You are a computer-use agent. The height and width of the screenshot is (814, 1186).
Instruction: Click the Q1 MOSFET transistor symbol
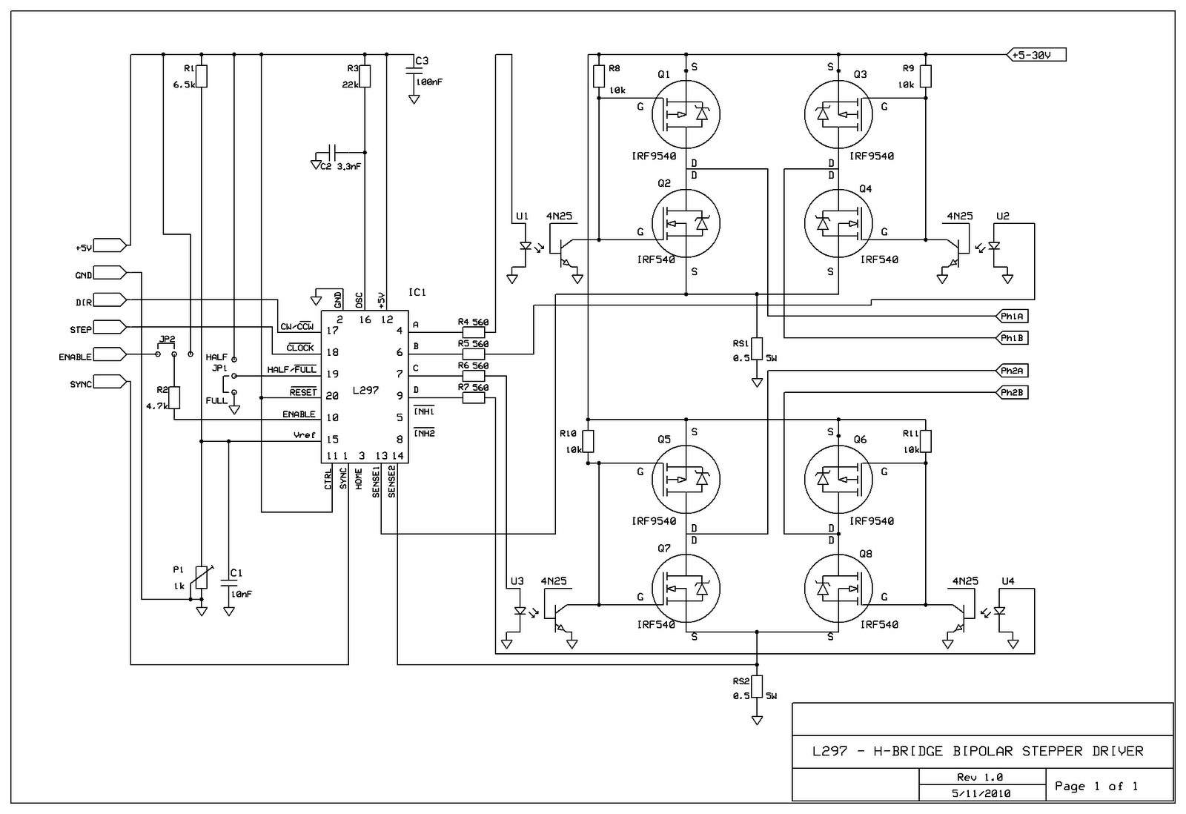[x=686, y=114]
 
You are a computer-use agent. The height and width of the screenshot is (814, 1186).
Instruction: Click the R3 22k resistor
[x=365, y=76]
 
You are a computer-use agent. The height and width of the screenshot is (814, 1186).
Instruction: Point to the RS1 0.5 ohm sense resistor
[x=757, y=348]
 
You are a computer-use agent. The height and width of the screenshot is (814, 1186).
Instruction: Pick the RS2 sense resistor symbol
[x=757, y=686]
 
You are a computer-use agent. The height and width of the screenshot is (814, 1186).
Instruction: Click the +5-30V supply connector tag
[x=1036, y=55]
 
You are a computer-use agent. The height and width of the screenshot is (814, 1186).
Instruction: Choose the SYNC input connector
[x=110, y=382]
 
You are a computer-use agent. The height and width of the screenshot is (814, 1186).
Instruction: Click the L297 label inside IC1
[x=365, y=390]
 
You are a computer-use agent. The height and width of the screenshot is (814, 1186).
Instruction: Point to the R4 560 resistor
[x=473, y=332]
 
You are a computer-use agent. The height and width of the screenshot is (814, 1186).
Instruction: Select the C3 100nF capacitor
[x=414, y=72]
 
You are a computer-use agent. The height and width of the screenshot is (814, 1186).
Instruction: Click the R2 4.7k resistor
[x=174, y=398]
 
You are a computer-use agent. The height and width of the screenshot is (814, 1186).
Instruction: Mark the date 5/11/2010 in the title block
[x=981, y=793]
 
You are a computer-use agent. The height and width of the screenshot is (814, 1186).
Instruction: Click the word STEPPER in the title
[x=1053, y=751]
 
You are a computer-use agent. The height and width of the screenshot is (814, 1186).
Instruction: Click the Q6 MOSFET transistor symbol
[x=838, y=479]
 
